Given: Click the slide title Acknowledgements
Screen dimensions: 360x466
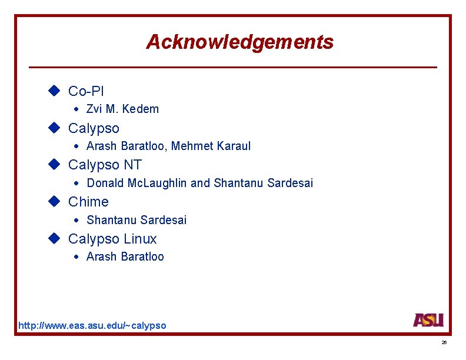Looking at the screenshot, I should tap(239, 42).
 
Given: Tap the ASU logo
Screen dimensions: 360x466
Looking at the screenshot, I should tap(428, 320).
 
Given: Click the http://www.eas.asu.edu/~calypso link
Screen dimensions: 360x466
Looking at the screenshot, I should tap(92, 325).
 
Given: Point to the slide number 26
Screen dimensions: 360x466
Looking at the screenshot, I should tap(444, 342).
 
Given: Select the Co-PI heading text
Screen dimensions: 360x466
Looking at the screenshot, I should tap(86, 91).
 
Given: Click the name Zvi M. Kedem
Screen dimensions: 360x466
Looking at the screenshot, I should tap(122, 109).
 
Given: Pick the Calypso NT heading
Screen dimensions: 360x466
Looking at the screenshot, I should tap(105, 165).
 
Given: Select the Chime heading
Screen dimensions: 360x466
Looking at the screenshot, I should tap(88, 202).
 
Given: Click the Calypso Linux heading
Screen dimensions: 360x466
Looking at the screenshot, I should tap(112, 239).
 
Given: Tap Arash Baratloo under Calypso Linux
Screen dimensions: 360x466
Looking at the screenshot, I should tap(125, 256).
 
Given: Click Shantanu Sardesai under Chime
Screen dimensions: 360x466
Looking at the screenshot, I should tap(137, 220).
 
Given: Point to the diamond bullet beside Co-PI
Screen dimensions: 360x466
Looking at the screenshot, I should tap(55, 91).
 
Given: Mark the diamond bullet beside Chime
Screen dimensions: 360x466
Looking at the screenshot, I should tap(55, 201).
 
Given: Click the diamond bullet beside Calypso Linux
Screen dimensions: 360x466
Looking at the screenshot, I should tap(55, 238).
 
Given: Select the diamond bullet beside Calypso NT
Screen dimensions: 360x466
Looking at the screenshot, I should tap(55, 164).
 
